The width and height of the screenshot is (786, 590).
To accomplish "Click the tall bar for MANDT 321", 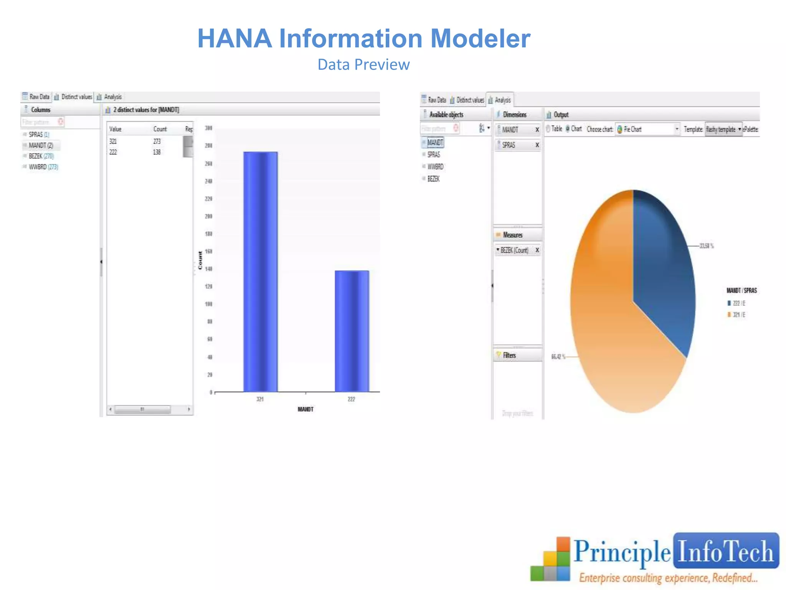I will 260,272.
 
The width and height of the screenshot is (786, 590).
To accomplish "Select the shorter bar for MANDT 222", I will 352,331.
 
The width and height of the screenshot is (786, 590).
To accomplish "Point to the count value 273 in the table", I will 157,141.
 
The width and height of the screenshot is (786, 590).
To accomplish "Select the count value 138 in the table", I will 157,152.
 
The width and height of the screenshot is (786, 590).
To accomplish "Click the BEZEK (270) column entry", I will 41,156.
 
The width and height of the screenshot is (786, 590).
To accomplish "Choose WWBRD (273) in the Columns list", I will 43,167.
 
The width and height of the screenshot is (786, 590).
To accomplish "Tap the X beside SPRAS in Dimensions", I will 537,145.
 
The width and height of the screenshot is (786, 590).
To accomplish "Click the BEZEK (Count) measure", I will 514,250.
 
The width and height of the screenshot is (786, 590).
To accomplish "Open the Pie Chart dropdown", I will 677,129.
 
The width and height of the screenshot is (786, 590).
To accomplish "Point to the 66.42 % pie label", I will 558,357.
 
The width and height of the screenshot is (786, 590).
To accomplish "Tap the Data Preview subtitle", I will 363,65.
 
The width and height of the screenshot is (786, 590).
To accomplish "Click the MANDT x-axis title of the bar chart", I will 305,409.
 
